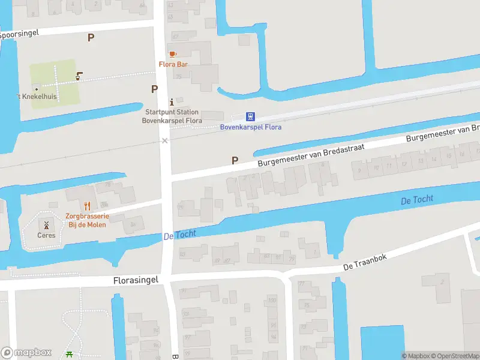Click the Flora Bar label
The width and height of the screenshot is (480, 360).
[174, 64]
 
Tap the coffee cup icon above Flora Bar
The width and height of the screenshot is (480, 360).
[173, 54]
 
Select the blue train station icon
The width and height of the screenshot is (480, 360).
[251, 116]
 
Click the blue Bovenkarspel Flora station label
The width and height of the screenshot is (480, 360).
[251, 127]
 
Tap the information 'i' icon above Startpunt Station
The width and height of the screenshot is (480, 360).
[172, 101]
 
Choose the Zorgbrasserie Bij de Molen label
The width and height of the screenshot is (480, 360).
[87, 220]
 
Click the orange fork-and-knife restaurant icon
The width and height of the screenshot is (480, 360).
[88, 206]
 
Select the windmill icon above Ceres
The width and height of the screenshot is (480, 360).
[46, 224]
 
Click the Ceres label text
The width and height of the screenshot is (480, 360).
[46, 235]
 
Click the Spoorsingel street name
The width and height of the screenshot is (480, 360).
[19, 34]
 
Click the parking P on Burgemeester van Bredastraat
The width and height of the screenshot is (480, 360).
[235, 160]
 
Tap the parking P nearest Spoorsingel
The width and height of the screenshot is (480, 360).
[91, 37]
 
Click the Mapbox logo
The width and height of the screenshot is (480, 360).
[26, 353]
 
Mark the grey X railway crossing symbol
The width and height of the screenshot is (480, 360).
[164, 140]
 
